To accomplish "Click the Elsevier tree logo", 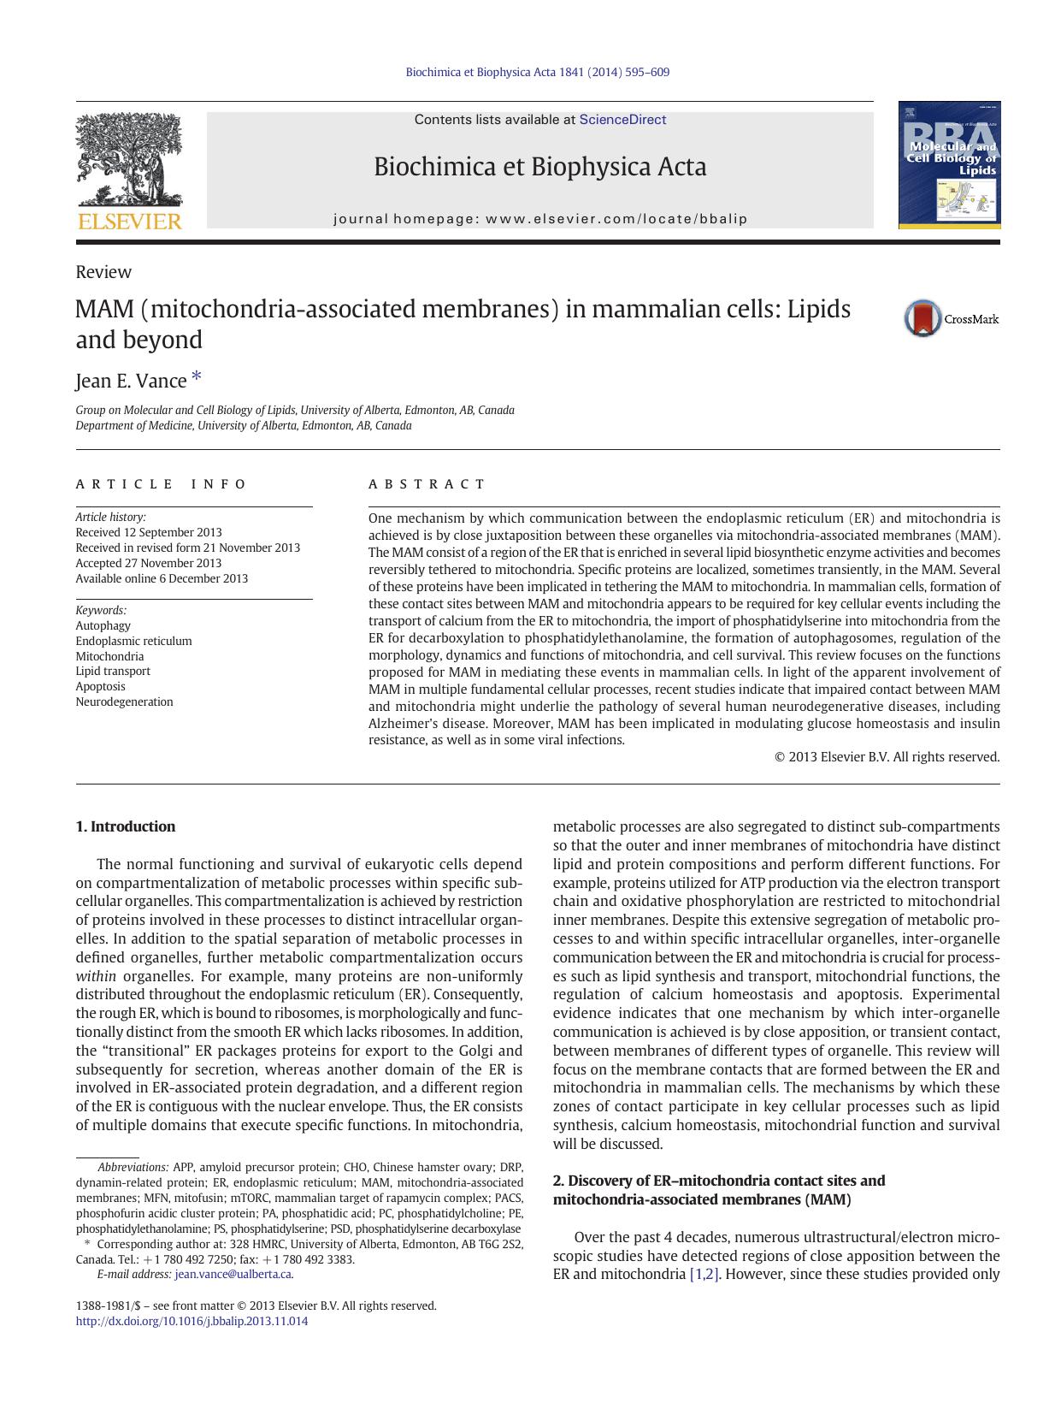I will click(129, 163).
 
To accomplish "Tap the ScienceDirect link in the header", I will click(622, 120).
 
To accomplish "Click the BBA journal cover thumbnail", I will click(949, 165).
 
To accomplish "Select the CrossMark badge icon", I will click(923, 318).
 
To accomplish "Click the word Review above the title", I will click(103, 272).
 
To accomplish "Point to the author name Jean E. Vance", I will click(131, 381).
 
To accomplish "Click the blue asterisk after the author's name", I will click(197, 376).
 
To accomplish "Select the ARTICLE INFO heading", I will click(161, 484).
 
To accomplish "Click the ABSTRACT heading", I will click(427, 484).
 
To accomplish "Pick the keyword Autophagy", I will click(103, 625).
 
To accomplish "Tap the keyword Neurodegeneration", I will click(124, 702).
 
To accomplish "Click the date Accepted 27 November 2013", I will click(148, 563).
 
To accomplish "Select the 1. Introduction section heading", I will click(126, 826).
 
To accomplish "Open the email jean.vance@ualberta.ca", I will click(233, 1274).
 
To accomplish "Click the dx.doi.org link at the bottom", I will click(192, 1321).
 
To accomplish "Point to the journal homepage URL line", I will click(540, 219).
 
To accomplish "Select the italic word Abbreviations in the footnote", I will click(133, 1167).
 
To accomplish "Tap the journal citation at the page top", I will click(537, 73).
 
